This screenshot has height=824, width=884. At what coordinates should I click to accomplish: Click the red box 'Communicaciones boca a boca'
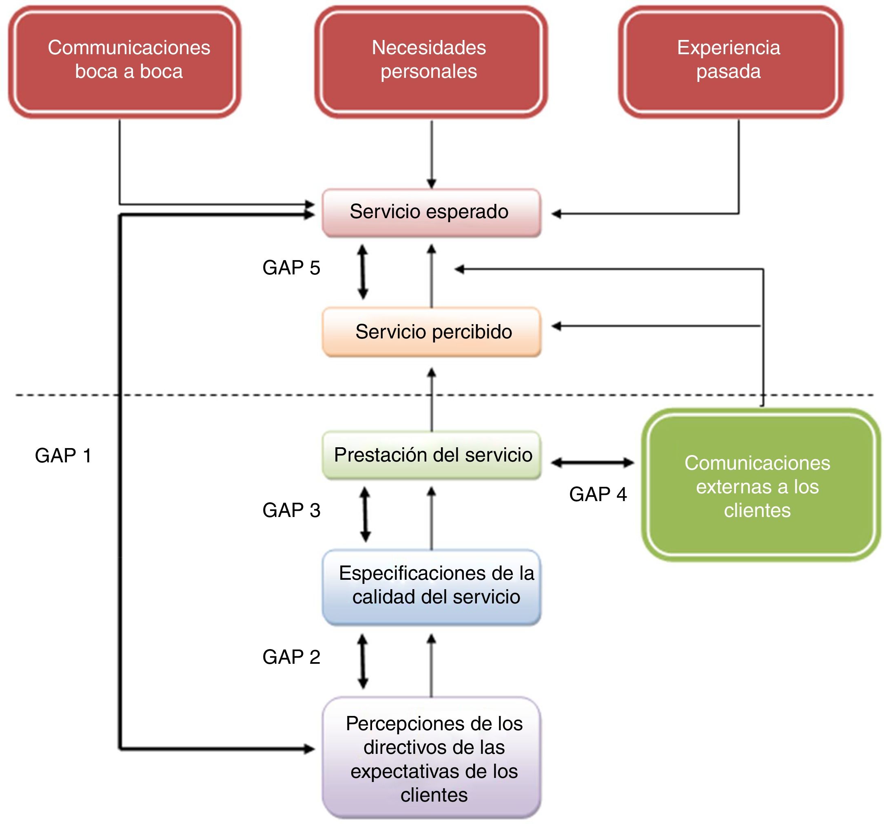click(124, 61)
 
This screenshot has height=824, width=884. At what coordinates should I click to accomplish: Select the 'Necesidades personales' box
click(430, 61)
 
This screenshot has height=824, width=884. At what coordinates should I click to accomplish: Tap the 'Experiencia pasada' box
click(730, 61)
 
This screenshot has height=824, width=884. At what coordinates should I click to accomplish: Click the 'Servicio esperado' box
click(430, 212)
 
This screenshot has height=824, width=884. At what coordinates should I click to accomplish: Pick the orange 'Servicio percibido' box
click(430, 331)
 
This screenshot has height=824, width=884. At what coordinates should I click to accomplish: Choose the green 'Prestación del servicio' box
click(430, 455)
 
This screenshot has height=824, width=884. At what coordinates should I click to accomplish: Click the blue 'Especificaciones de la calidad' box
click(430, 586)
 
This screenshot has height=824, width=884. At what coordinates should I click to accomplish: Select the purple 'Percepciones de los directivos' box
click(430, 758)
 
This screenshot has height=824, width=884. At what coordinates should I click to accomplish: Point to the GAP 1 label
click(63, 455)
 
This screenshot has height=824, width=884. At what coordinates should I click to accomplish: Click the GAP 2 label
click(291, 657)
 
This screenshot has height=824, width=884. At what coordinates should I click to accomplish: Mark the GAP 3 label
click(291, 510)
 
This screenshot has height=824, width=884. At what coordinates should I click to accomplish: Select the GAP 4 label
click(598, 494)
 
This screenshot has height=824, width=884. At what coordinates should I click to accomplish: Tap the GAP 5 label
click(291, 267)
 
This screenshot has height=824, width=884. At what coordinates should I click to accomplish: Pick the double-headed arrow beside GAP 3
click(365, 514)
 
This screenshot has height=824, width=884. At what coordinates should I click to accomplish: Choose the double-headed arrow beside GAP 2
click(363, 661)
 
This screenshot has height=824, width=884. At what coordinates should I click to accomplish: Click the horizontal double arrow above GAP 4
click(592, 463)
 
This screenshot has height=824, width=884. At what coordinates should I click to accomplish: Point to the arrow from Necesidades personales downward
click(431, 153)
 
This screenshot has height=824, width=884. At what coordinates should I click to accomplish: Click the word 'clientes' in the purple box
click(434, 795)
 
